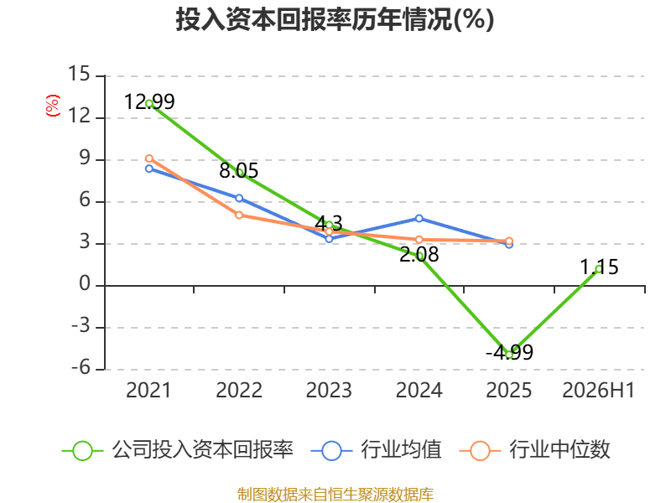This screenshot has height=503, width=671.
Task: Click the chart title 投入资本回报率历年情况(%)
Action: [x=335, y=19]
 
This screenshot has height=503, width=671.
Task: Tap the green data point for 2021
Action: [x=149, y=103]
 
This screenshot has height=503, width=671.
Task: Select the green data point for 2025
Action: [x=509, y=355]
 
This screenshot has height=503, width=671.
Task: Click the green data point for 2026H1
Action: [x=599, y=269]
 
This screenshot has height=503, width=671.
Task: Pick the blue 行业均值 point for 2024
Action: [x=419, y=219]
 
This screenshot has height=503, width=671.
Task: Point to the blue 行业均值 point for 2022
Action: [x=239, y=198]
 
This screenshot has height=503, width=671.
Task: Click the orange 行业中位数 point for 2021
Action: [x=149, y=158]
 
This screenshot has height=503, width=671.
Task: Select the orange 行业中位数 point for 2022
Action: [x=239, y=215]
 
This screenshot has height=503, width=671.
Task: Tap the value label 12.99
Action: [x=149, y=101]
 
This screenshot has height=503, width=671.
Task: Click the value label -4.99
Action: [x=509, y=352]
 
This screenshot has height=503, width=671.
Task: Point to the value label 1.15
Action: [x=599, y=267]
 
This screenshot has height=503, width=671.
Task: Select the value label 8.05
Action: [x=239, y=171]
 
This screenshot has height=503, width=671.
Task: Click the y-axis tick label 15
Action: [x=80, y=74]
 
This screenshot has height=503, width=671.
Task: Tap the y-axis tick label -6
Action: [x=81, y=367]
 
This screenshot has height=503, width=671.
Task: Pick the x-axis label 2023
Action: [x=329, y=390]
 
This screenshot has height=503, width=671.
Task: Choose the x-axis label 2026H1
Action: [x=598, y=390]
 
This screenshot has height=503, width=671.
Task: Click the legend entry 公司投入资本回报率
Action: [x=178, y=450]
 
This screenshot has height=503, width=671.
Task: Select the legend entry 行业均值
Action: [x=376, y=450]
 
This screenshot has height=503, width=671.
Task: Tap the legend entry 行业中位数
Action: [x=534, y=450]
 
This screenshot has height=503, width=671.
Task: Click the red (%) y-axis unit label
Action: [x=53, y=106]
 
